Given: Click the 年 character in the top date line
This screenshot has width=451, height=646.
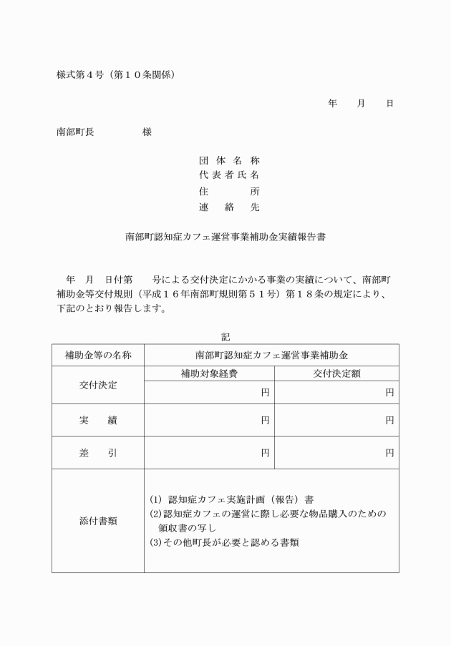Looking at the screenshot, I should click(332, 104).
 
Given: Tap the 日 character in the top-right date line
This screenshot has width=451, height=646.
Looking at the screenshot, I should click(389, 104).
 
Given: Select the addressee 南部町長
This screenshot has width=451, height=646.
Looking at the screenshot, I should click(75, 132).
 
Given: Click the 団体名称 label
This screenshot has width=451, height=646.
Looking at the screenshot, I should click(229, 161).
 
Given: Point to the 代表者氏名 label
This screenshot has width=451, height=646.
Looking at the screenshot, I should click(229, 176).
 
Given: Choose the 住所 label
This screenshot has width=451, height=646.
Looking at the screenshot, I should click(229, 192).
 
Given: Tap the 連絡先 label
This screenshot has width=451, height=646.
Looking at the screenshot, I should click(229, 207).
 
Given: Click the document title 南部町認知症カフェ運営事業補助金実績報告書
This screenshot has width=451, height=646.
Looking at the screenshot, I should click(225, 236).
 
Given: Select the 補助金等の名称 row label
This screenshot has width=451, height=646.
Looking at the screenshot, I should click(97, 355).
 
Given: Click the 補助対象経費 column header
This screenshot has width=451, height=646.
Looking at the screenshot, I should click(209, 373).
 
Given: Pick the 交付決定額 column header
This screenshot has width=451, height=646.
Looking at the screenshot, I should click(336, 373).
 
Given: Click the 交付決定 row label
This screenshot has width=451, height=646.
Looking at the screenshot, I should click(97, 385).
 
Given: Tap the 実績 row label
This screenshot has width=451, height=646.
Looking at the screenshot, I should click(97, 421).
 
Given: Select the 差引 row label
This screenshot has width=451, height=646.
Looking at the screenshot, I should click(97, 453).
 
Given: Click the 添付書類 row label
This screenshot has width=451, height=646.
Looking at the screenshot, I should click(97, 521).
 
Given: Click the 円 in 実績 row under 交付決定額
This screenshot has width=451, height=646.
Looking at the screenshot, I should click(389, 421).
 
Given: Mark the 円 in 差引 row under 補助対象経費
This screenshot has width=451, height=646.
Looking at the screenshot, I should click(265, 453).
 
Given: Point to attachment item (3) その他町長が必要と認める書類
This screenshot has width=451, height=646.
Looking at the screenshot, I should click(224, 542).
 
